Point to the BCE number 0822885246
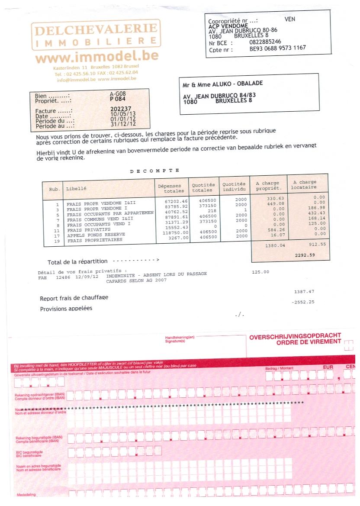(265, 42)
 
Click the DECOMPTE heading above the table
(154, 171)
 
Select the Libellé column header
(76, 189)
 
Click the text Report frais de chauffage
(74, 298)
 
